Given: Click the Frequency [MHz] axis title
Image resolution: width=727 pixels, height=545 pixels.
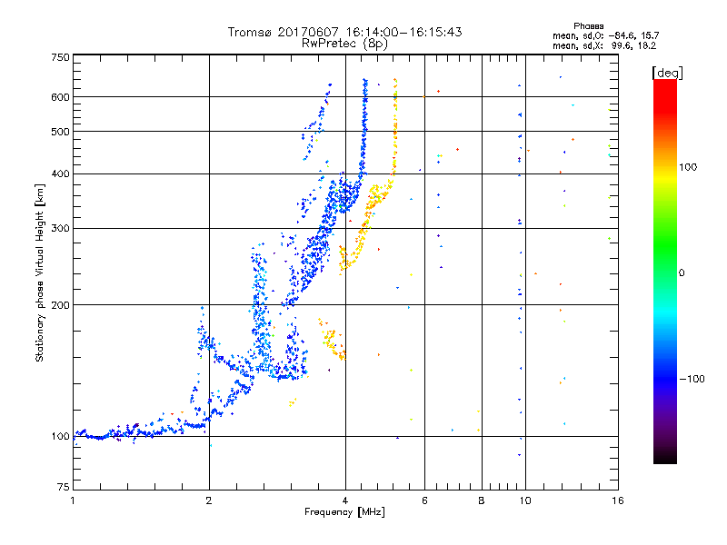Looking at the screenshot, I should (x=344, y=513).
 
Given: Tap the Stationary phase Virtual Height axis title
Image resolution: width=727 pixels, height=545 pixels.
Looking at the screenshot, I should (x=40, y=273).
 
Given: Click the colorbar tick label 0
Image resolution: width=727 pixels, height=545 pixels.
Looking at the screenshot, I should (x=682, y=272).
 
